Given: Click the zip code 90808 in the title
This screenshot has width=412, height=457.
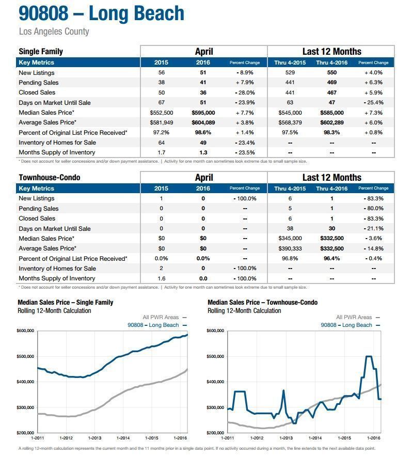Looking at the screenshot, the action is pyautogui.click(x=43, y=13).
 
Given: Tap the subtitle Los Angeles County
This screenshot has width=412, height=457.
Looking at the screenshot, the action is pyautogui.click(x=54, y=31).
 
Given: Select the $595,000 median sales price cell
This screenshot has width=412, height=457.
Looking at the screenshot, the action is pyautogui.click(x=203, y=113).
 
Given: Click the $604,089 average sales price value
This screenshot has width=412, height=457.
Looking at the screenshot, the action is pyautogui.click(x=203, y=123).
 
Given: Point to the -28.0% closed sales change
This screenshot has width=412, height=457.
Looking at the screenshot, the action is pyautogui.click(x=245, y=92).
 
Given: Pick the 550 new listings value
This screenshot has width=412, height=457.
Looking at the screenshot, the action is pyautogui.click(x=331, y=73).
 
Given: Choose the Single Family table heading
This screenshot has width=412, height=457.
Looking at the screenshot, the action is pyautogui.click(x=41, y=52).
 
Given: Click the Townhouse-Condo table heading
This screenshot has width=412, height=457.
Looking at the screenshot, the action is pyautogui.click(x=49, y=178).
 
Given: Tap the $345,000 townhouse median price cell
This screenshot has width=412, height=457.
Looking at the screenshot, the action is pyautogui.click(x=290, y=239).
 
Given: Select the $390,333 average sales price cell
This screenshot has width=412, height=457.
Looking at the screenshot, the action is pyautogui.click(x=290, y=248).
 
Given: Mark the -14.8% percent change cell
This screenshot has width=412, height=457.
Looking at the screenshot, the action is pyautogui.click(x=374, y=248).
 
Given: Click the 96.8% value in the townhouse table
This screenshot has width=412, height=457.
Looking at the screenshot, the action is pyautogui.click(x=290, y=259).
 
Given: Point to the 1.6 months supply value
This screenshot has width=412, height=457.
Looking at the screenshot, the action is pyautogui.click(x=162, y=279).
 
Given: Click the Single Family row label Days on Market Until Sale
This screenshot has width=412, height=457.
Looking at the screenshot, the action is pyautogui.click(x=55, y=103).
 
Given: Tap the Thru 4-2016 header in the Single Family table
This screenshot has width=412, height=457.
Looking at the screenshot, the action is pyautogui.click(x=331, y=62).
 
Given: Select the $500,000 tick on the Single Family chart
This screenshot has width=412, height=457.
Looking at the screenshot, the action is pyautogui.click(x=25, y=356).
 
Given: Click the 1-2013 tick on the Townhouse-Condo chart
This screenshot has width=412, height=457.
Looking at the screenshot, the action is pyautogui.click(x=286, y=438).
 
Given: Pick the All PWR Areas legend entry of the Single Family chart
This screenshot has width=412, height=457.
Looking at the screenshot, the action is pyautogui.click(x=165, y=318).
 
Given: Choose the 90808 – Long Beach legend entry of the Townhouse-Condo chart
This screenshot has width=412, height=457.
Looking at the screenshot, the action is pyautogui.click(x=350, y=325).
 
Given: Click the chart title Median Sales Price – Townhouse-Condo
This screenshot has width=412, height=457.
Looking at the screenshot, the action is pyautogui.click(x=262, y=303).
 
